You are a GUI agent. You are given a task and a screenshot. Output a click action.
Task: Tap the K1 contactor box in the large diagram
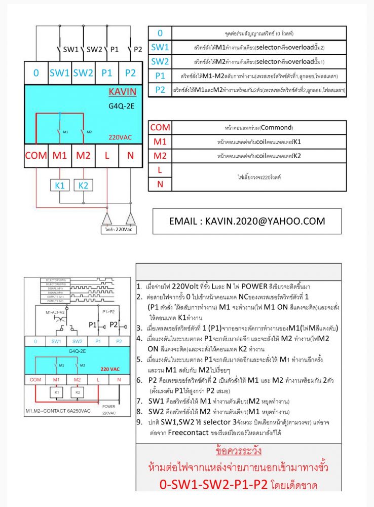point(60,186)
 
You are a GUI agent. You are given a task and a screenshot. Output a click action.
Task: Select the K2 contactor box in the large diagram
point(83,186)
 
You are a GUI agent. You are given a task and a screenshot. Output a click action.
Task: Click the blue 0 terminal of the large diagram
point(36,73)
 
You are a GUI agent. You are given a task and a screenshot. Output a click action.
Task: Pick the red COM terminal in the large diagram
point(36,156)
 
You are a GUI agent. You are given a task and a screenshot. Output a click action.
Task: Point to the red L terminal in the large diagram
point(107,156)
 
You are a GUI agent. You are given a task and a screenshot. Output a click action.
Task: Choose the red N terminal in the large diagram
point(130,156)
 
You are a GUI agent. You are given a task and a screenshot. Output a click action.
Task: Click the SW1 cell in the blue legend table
point(160,48)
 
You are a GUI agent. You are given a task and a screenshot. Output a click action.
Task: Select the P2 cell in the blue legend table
point(160,90)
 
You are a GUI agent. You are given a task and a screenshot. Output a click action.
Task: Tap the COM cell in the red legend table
point(160,127)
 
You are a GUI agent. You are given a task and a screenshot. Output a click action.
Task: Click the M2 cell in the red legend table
point(160,156)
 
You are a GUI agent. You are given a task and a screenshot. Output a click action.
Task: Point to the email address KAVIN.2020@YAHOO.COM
point(247,221)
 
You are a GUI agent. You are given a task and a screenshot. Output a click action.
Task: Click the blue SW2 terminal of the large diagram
point(83,73)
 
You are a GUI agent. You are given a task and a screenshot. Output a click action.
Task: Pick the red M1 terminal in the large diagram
point(60,156)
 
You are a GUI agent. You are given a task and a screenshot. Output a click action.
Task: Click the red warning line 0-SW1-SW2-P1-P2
point(238,485)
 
